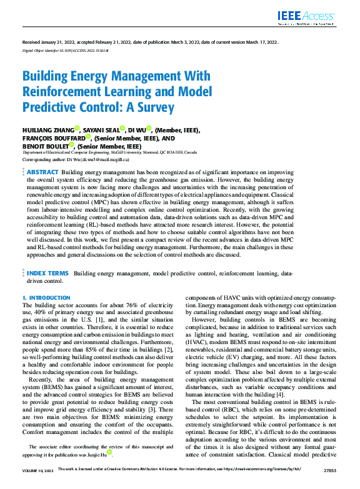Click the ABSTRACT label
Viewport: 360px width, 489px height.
click(43, 171)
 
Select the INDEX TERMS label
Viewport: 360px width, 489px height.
click(48, 274)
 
